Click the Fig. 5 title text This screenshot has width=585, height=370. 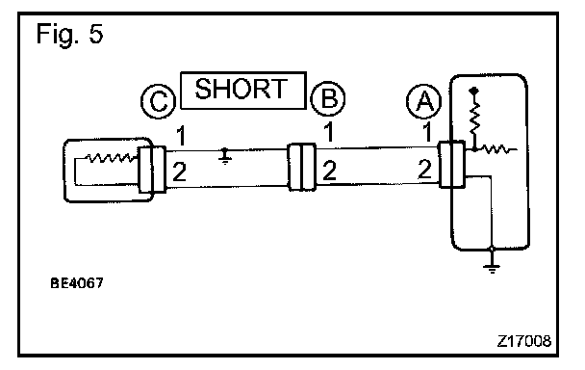tap(69, 34)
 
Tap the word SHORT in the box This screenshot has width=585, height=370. tap(242, 89)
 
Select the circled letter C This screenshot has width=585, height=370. tap(159, 101)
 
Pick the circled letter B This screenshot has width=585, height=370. tap(328, 99)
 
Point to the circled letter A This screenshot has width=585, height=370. tap(423, 101)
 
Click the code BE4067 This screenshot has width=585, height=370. tap(76, 283)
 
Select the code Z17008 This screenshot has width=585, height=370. tap(523, 341)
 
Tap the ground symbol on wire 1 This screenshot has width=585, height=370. tap(224, 156)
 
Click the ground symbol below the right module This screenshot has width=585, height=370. tap(492, 266)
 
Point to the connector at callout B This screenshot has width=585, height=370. tap(302, 167)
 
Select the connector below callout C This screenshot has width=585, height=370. tap(152, 170)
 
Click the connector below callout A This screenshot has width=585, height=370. tap(451, 164)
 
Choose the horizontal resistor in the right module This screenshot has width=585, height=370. tap(496, 149)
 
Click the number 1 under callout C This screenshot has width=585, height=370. tap(181, 136)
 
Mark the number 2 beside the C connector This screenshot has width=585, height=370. tap(180, 172)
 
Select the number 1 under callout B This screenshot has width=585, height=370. tap(328, 132)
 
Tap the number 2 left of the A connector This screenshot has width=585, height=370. tap(425, 169)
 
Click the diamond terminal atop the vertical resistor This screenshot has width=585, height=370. tap(474, 91)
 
